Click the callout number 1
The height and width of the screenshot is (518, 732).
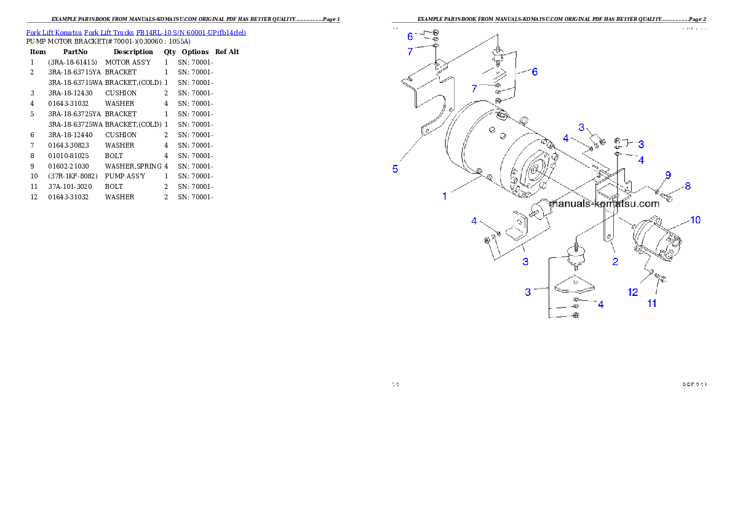click(x=444, y=196)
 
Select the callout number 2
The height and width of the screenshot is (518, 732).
click(x=615, y=261)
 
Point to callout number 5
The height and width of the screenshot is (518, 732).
click(x=396, y=169)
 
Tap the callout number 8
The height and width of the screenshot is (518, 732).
click(x=687, y=185)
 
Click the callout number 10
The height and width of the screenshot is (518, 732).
click(x=694, y=220)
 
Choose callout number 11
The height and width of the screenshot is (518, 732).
click(x=651, y=303)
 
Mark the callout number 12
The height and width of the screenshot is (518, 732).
click(x=633, y=292)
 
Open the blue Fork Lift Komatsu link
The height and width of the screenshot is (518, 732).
click(x=136, y=32)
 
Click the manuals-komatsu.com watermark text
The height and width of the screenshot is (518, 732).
click(x=606, y=203)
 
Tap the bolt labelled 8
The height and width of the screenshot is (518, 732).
click(x=669, y=197)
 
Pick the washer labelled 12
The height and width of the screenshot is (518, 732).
click(x=650, y=271)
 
